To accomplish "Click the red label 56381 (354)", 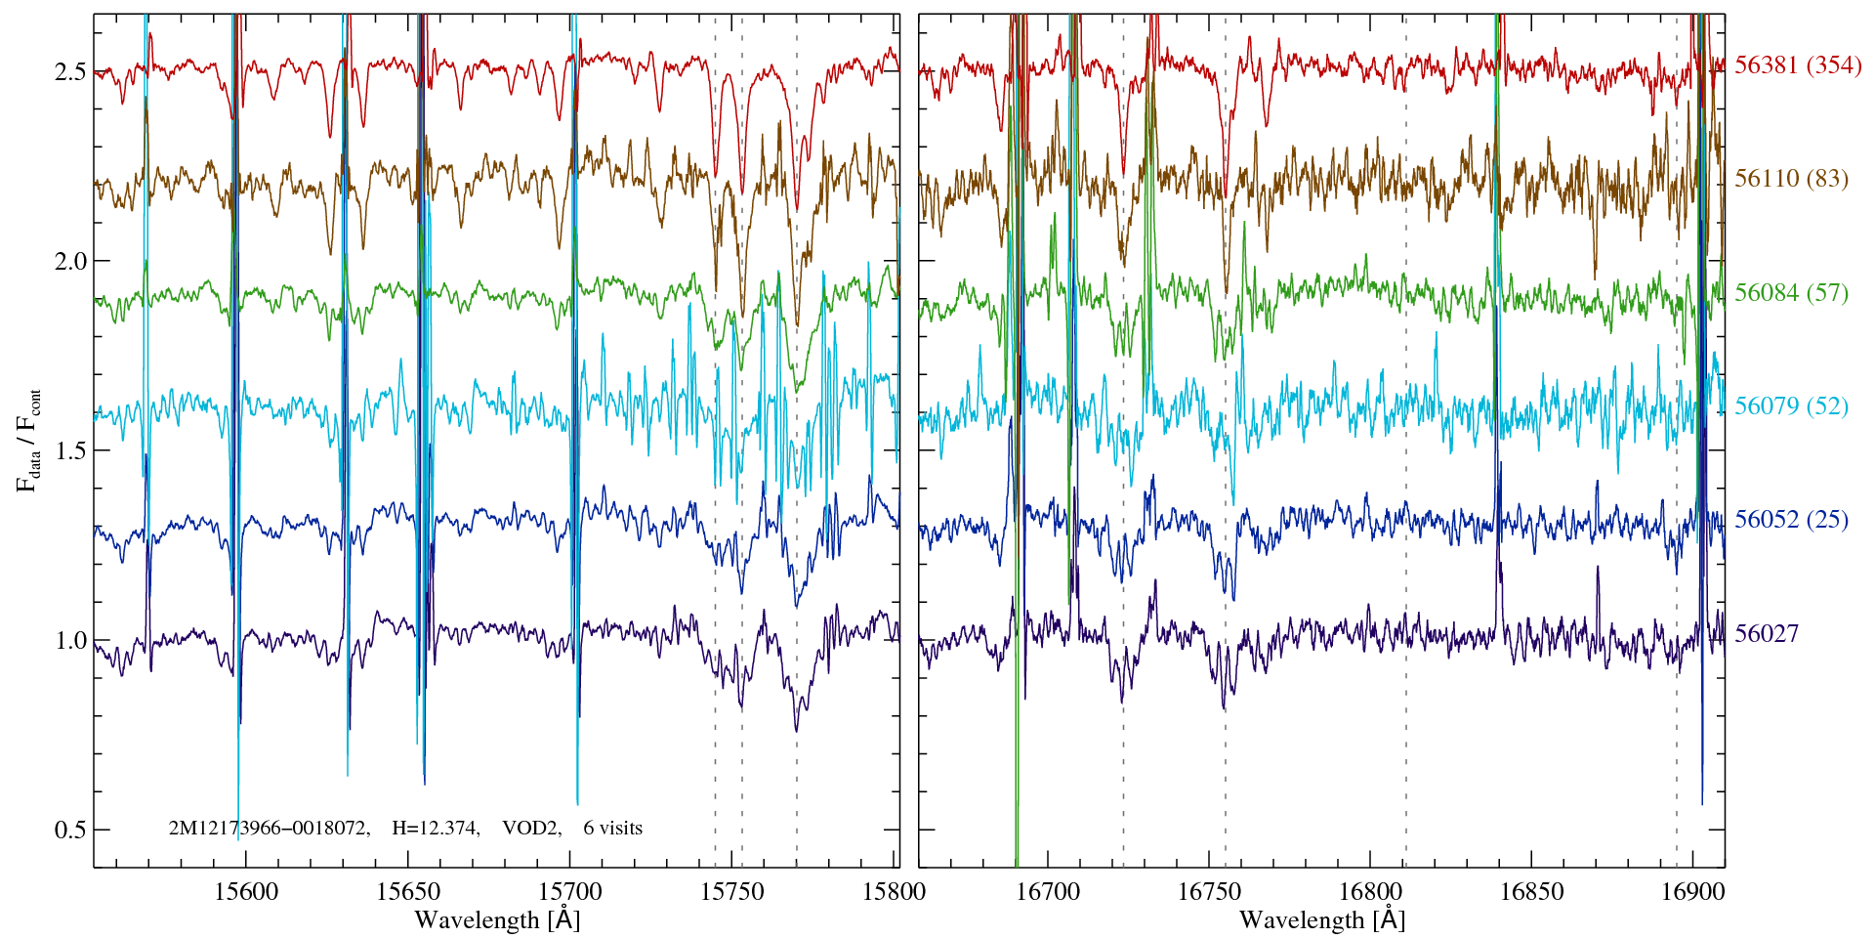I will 1798,65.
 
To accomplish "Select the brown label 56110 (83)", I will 1791,179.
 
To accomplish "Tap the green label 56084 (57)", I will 1791,293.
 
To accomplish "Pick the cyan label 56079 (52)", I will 1791,406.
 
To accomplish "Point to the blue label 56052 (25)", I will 1791,520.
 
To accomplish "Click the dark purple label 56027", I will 1766,634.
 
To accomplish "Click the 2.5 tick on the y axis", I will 70,72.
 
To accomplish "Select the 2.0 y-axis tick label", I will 70,262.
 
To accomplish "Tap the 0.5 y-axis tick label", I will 70,831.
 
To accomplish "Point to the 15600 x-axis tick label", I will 245,892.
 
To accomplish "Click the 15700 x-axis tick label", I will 570,892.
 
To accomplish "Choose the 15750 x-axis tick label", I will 732,892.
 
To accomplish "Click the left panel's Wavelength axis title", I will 497,920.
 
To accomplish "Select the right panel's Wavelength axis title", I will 1322,920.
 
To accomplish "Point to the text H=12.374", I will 435,829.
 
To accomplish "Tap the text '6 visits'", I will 613,829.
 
